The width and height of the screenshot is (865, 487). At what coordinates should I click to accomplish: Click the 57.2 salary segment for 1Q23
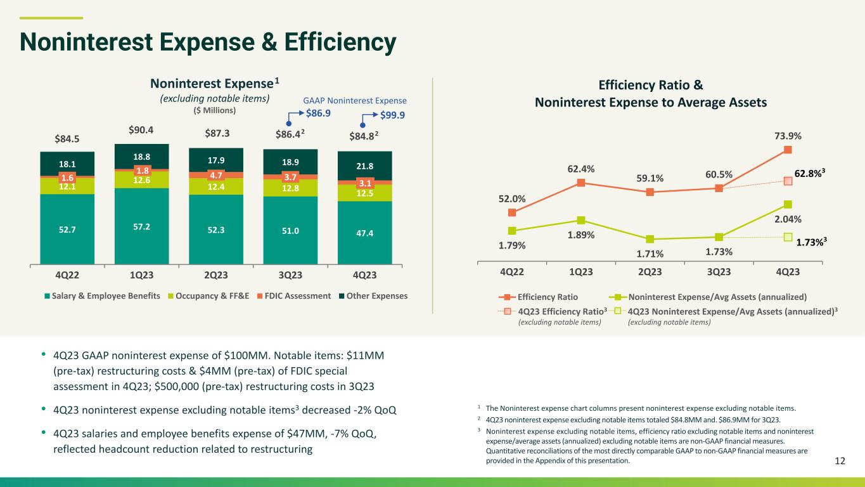[x=142, y=226]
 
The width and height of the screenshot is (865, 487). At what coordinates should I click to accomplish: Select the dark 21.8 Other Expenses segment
[x=365, y=166]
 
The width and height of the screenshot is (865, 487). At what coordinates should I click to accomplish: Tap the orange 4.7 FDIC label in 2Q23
[x=216, y=176]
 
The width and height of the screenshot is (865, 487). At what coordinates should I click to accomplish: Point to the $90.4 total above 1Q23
[x=141, y=130]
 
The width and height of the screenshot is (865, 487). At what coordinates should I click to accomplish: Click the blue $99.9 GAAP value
[x=392, y=115]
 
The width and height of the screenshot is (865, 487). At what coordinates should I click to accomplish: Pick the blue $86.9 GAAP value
[x=318, y=114]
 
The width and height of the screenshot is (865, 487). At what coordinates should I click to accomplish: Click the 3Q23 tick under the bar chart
[x=290, y=275]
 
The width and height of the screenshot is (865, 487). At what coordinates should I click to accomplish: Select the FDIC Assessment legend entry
[x=294, y=296]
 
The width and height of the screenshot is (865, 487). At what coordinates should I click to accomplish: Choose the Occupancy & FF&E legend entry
[x=208, y=296]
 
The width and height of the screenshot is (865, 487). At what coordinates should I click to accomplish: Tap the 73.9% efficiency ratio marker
[x=788, y=150]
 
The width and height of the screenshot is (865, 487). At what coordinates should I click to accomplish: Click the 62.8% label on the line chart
[x=810, y=173]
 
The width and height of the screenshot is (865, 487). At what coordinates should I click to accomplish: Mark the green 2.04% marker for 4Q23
[x=788, y=204]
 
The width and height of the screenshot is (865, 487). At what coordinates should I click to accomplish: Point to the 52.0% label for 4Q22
[x=512, y=198]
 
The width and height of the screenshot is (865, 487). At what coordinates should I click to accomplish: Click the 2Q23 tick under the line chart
[x=650, y=271]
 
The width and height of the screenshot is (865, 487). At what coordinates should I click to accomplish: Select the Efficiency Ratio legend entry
[x=538, y=297]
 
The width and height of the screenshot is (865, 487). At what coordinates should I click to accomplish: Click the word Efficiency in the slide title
[x=340, y=42]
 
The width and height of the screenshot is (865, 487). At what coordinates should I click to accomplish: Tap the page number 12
[x=840, y=461]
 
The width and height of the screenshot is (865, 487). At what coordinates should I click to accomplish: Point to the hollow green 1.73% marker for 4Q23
[x=788, y=237]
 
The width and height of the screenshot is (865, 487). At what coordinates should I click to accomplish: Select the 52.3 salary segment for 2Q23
[x=216, y=230]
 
